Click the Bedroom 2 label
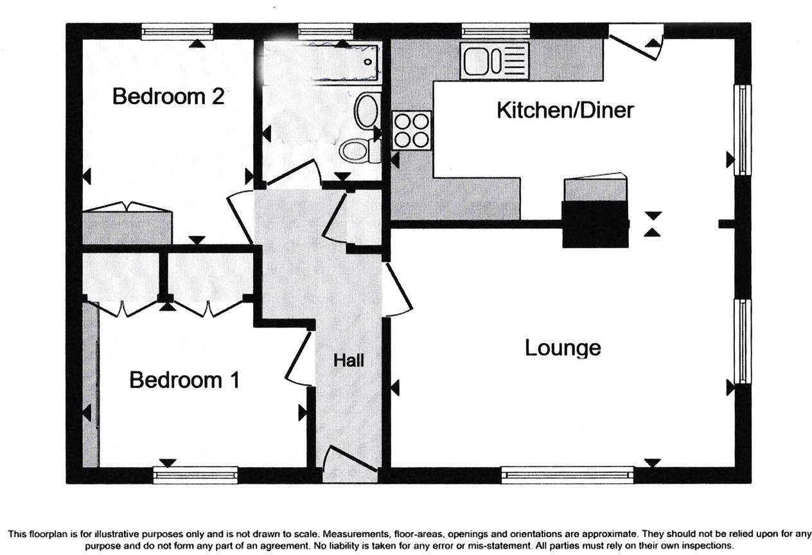click(168, 97)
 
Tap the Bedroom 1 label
click(184, 380)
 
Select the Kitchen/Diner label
click(565, 110)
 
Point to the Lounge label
click(563, 348)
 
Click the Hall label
click(349, 360)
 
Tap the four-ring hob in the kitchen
click(412, 130)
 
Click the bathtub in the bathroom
click(344, 62)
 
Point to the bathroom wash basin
click(367, 111)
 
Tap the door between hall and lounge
click(398, 290)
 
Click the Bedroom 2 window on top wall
click(177, 31)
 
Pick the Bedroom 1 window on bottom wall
click(195, 475)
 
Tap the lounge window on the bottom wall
click(567, 475)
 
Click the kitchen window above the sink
click(495, 30)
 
